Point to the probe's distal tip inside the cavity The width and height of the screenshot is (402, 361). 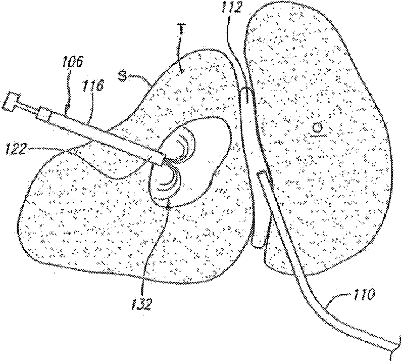[160, 159]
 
